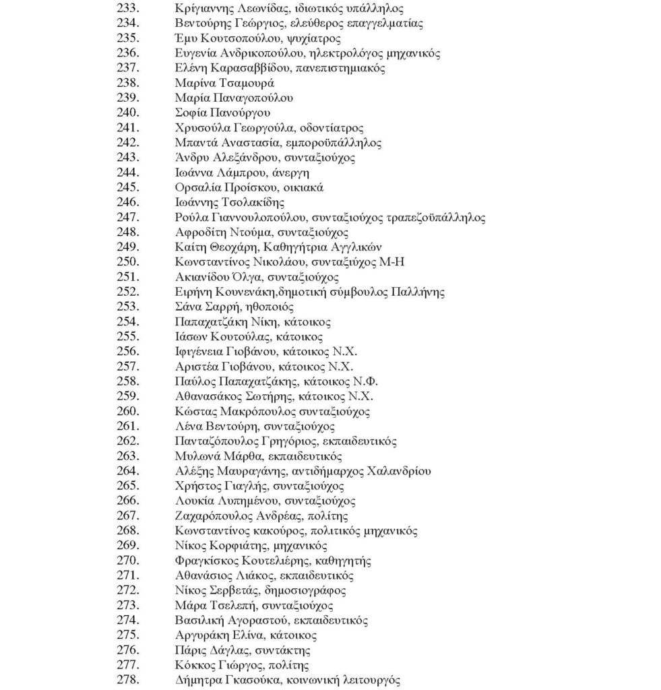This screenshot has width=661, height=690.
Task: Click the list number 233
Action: click(128, 9)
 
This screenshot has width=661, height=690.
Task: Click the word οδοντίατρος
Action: click(333, 127)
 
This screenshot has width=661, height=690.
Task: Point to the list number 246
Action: click(128, 202)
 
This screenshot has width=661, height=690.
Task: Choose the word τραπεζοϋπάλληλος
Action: click(436, 217)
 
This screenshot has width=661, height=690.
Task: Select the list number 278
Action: click(128, 680)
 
